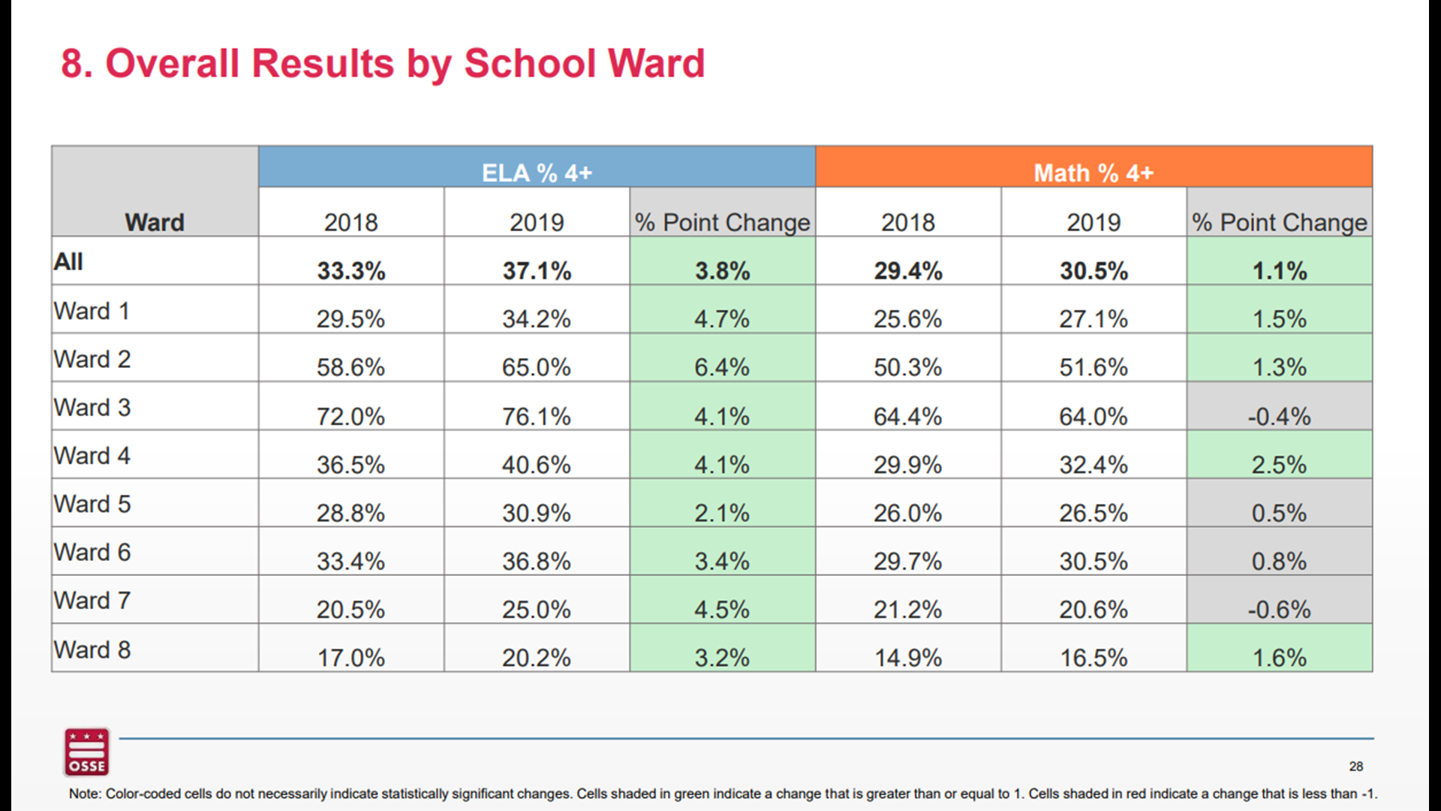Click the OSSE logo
pyautogui.click(x=86, y=752)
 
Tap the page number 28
pyautogui.click(x=1355, y=767)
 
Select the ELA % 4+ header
pyautogui.click(x=537, y=173)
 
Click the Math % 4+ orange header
pyautogui.click(x=1093, y=173)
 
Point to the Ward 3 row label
pyautogui.click(x=92, y=408)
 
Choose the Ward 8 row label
pyautogui.click(x=92, y=650)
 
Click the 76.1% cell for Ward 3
pyautogui.click(x=537, y=416)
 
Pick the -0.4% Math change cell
pyautogui.click(x=1279, y=416)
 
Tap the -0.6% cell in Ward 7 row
pyautogui.click(x=1279, y=609)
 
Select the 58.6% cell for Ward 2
pyautogui.click(x=350, y=367)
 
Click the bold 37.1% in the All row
pyautogui.click(x=537, y=270)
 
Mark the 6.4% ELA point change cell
pyautogui.click(x=722, y=367)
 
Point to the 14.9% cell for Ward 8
pyautogui.click(x=907, y=658)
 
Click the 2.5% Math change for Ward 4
pyautogui.click(x=1279, y=465)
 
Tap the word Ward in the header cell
pyautogui.click(x=155, y=222)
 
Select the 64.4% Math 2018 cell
pyautogui.click(x=907, y=416)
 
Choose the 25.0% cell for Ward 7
pyautogui.click(x=537, y=609)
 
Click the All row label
pyautogui.click(x=68, y=262)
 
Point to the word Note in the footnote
pyautogui.click(x=84, y=794)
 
